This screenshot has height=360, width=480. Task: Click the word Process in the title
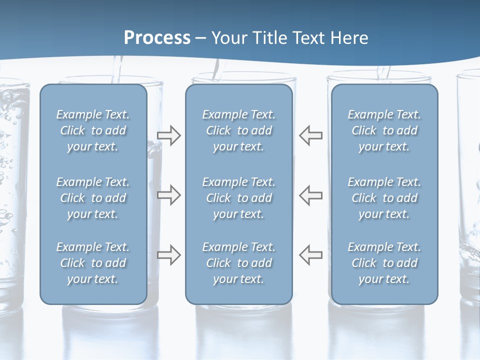157,38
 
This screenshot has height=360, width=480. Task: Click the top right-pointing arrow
169,135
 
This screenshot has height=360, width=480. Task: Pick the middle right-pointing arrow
169,195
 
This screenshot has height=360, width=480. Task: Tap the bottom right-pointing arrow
169,254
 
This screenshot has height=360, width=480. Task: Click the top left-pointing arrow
311,135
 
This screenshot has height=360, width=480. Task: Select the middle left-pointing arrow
311,195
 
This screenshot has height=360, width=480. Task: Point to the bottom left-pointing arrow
311,254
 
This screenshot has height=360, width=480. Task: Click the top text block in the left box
93,130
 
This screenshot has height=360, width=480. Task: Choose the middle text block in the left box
93,198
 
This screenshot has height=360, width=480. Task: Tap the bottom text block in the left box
93,263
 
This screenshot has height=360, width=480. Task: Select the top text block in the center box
239,130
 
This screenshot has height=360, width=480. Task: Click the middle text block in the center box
239,198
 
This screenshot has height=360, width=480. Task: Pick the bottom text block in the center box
239,263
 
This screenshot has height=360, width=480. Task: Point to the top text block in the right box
384,130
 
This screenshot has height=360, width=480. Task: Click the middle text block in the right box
384,198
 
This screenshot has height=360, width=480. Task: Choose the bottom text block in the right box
384,263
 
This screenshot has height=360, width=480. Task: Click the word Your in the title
227,38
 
